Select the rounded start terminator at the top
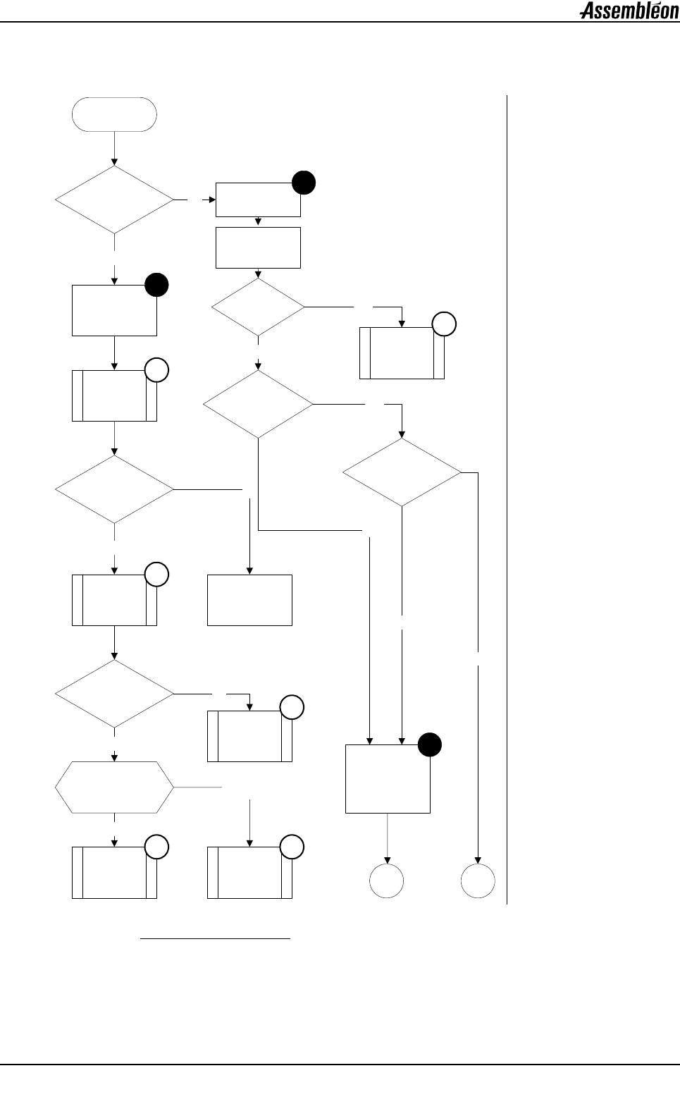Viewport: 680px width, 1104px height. (x=114, y=114)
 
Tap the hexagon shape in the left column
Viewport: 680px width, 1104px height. (x=114, y=787)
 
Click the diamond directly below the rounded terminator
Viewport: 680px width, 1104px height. (x=114, y=200)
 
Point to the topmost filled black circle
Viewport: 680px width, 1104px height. (x=304, y=183)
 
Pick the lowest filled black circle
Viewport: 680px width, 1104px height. (x=430, y=744)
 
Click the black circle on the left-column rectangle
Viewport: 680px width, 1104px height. (x=156, y=285)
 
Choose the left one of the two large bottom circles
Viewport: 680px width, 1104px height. (x=387, y=881)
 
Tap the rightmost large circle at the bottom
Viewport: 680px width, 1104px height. (x=478, y=881)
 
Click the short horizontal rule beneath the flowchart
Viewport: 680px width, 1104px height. (x=216, y=939)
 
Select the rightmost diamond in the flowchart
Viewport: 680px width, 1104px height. (x=402, y=472)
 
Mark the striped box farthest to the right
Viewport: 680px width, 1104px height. (x=402, y=353)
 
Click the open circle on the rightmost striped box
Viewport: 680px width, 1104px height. (x=444, y=324)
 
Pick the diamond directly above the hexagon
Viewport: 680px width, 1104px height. (x=114, y=694)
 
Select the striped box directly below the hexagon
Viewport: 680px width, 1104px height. (x=114, y=873)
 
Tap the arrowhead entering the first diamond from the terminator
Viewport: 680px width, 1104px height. (x=114, y=163)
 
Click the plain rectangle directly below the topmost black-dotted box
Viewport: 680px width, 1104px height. (x=258, y=247)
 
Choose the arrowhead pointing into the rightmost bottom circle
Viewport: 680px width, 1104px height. (x=478, y=860)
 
